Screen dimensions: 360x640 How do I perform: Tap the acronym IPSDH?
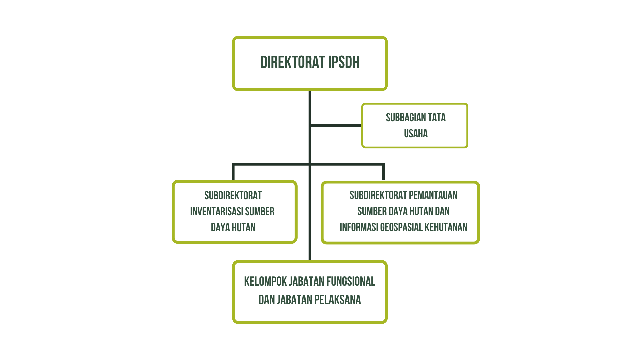tap(344, 63)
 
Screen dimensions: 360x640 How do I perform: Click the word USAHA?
tap(416, 134)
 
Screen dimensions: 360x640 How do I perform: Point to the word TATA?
tap(437, 118)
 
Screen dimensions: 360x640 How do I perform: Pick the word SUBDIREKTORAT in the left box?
tap(233, 196)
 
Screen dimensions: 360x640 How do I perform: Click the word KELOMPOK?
tap(265, 282)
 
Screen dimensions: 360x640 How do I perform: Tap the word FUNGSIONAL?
tap(351, 282)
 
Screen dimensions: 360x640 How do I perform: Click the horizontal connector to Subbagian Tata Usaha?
tap(336, 126)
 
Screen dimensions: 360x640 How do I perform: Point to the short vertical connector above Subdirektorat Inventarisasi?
tap(233, 172)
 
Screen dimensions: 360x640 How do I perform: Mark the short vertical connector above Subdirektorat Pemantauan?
tap(383, 172)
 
